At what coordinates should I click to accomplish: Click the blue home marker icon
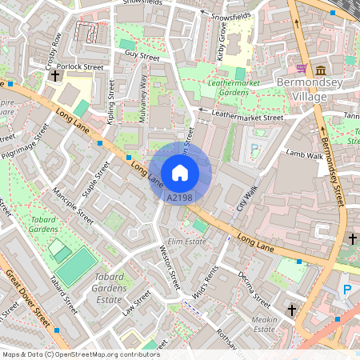(180, 172)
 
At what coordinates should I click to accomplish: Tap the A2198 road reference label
(179, 197)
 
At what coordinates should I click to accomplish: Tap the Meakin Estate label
(264, 323)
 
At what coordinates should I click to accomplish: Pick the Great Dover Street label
(29, 299)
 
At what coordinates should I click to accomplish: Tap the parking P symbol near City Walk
(254, 148)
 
